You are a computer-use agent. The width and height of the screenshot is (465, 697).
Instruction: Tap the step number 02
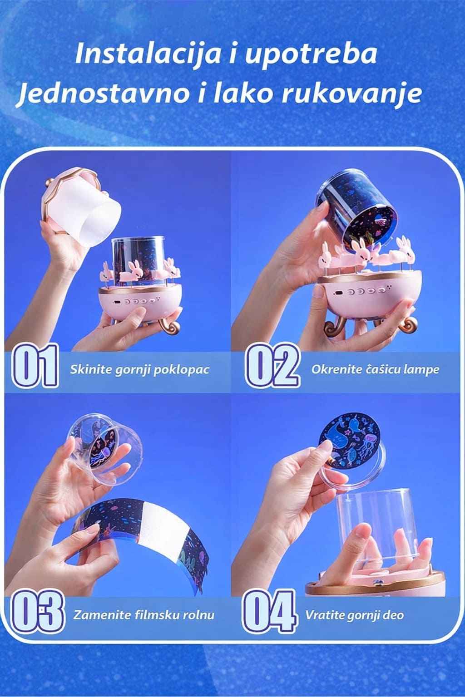272,365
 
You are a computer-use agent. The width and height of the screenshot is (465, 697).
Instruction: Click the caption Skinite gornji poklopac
139,370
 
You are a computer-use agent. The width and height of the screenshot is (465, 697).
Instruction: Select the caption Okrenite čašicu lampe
375,369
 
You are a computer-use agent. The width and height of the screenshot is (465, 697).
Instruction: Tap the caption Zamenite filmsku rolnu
144,615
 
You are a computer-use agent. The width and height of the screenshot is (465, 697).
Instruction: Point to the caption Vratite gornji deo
355,615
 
